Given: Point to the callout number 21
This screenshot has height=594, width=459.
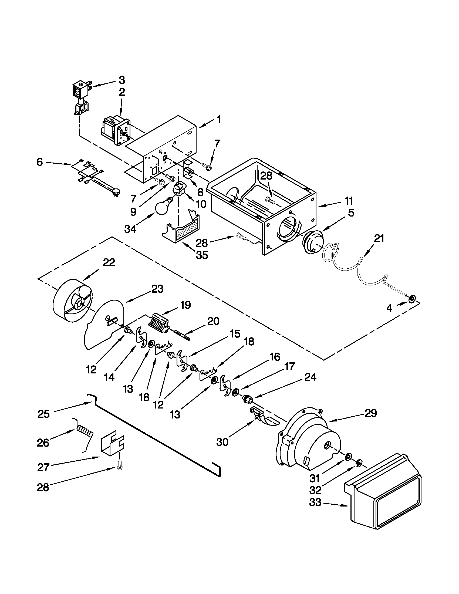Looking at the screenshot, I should pyautogui.click(x=379, y=238).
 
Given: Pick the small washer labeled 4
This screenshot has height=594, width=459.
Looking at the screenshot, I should pyautogui.click(x=412, y=299).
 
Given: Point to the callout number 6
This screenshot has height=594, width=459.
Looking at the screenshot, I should pyautogui.click(x=40, y=162).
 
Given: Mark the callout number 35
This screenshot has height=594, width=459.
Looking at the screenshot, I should pyautogui.click(x=202, y=255).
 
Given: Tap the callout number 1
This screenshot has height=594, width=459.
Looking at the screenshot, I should pyautogui.click(x=219, y=120).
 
